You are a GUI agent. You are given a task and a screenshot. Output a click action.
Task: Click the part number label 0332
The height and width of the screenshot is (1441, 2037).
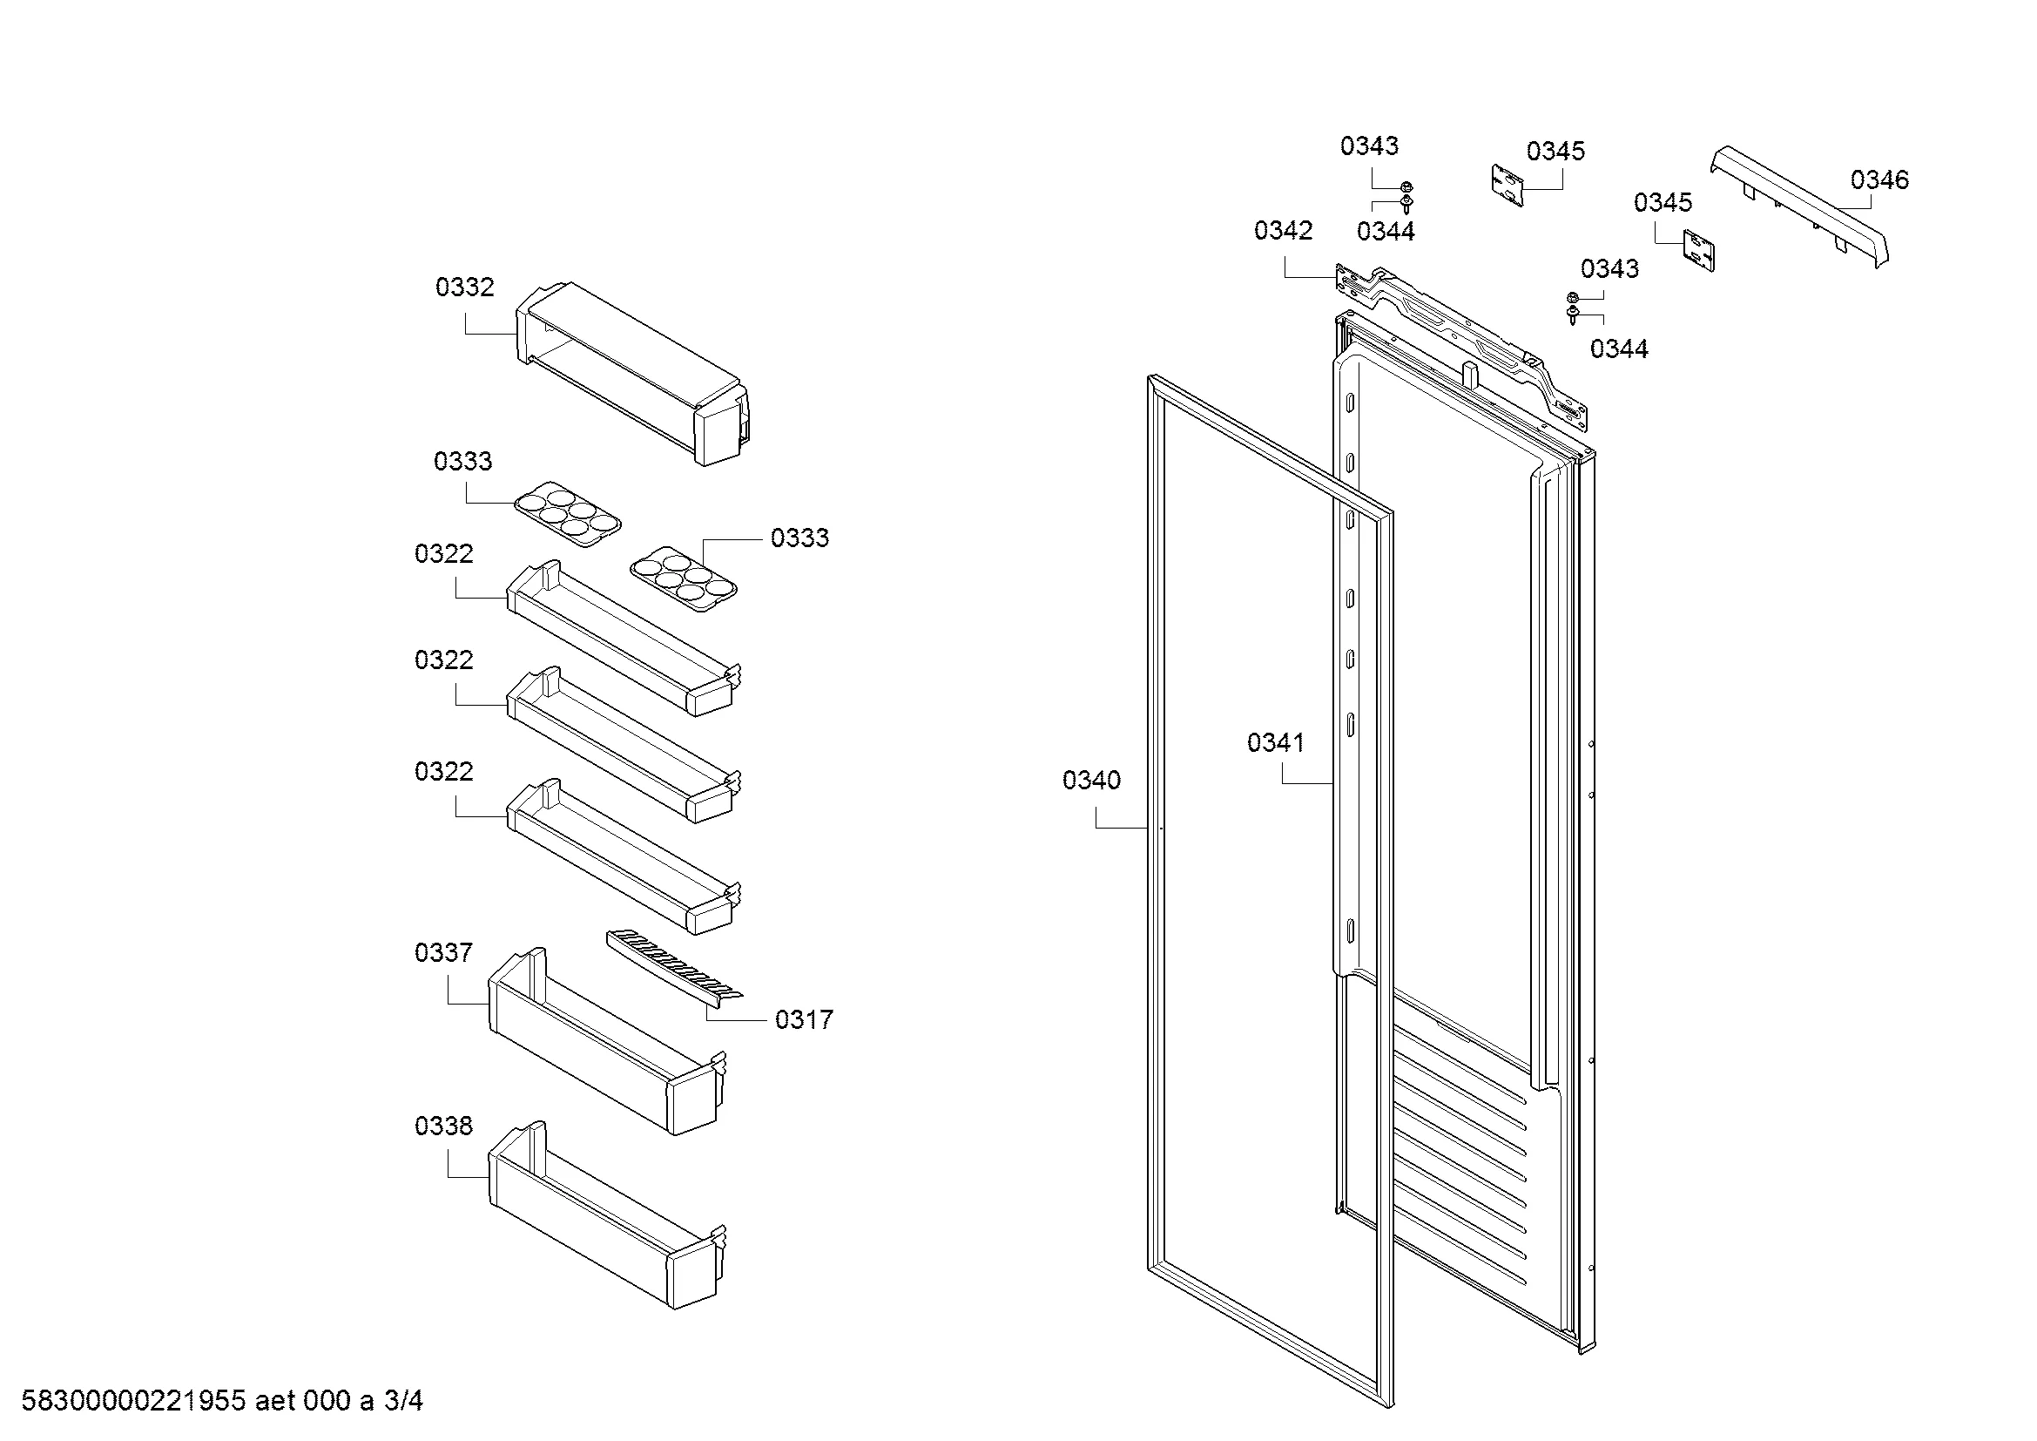(464, 288)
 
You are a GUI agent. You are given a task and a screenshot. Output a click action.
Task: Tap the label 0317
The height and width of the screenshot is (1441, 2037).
(804, 1019)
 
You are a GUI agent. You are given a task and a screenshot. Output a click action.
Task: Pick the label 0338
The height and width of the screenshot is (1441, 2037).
(443, 1126)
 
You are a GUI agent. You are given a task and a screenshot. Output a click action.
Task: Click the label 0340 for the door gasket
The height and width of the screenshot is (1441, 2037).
(1091, 781)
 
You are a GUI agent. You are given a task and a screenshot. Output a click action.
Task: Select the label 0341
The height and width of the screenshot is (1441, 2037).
(1276, 742)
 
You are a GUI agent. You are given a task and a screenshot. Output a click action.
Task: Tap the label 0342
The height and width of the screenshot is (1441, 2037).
(1283, 231)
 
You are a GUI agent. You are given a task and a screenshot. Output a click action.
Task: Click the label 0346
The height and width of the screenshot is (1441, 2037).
(1879, 180)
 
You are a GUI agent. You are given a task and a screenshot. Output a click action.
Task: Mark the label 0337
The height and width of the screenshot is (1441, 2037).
(443, 953)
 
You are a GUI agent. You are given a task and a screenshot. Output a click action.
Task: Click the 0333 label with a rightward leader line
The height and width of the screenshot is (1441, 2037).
(799, 538)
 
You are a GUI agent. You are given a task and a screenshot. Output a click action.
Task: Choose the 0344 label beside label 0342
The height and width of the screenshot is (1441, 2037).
(1385, 232)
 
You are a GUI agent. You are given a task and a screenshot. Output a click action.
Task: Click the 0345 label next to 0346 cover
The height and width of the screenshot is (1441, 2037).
(1663, 202)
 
